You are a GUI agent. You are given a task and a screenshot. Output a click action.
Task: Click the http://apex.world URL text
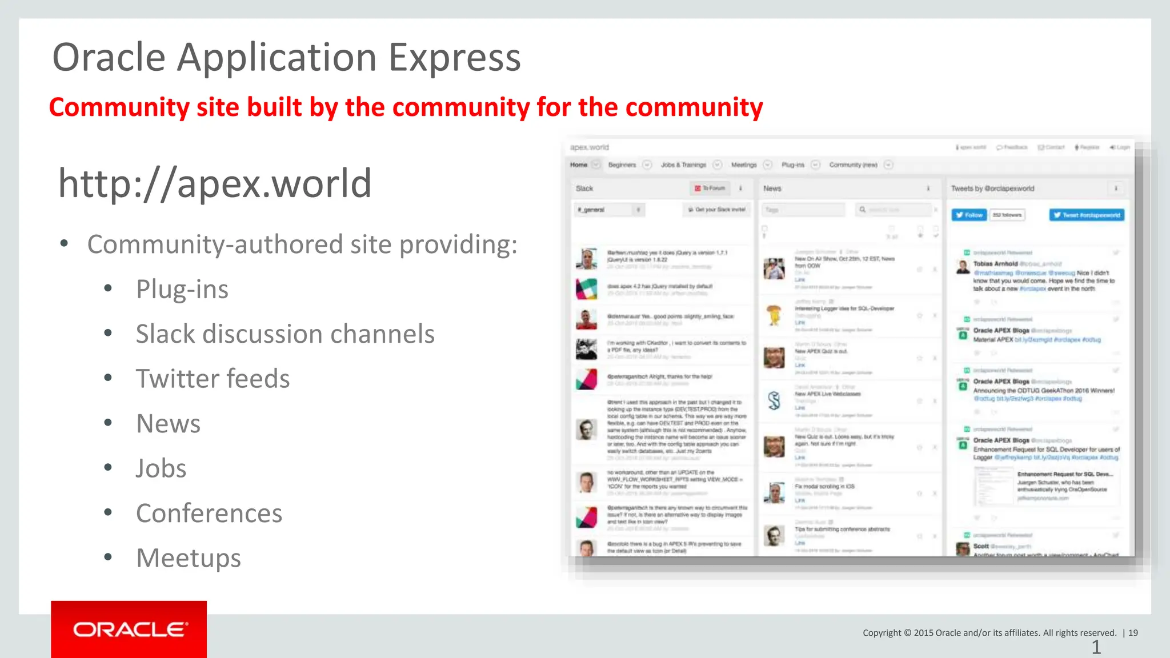(x=215, y=183)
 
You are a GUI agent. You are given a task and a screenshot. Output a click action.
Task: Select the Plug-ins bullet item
(x=182, y=289)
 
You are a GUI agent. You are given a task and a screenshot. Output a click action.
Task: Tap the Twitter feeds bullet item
(x=213, y=379)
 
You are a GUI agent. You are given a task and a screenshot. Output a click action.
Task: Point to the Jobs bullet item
(x=161, y=468)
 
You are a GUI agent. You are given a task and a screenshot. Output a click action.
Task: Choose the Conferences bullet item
(x=209, y=513)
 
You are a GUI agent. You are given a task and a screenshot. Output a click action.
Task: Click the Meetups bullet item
(x=189, y=558)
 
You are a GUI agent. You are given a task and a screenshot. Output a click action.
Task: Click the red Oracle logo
(x=129, y=629)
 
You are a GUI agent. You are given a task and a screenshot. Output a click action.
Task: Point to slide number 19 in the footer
(x=1133, y=632)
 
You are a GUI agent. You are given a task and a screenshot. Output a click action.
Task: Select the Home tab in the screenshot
(x=579, y=165)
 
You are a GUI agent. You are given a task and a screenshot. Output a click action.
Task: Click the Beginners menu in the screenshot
(x=622, y=165)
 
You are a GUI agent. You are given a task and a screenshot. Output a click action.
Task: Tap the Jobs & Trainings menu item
(x=683, y=165)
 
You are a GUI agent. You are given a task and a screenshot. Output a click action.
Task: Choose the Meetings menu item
(x=744, y=165)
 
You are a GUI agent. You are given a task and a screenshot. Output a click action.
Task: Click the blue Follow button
(x=969, y=215)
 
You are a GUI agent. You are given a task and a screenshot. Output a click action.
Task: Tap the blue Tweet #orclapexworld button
(x=1087, y=215)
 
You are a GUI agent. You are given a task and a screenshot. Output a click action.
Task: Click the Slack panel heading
(x=584, y=188)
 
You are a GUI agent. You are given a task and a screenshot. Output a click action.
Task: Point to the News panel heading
(x=772, y=188)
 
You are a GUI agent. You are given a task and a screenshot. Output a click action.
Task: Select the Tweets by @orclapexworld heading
(x=992, y=188)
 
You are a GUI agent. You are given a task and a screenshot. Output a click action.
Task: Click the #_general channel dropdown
(x=609, y=210)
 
